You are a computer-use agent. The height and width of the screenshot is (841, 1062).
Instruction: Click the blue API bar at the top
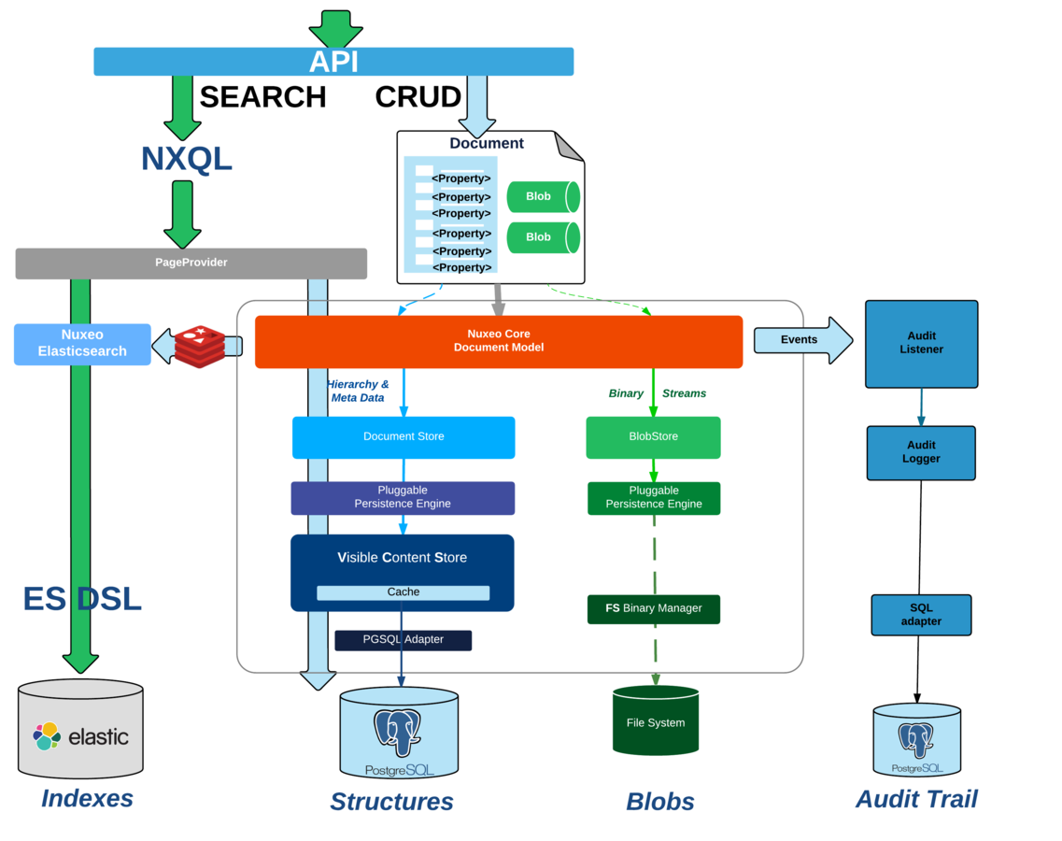(333, 62)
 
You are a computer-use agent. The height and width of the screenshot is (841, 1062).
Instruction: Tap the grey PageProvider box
(191, 263)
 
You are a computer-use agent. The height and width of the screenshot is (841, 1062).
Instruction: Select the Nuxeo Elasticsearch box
(82, 344)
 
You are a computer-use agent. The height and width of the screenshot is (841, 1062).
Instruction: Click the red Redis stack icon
(199, 347)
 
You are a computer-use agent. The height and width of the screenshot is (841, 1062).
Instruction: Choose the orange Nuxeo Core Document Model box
(498, 341)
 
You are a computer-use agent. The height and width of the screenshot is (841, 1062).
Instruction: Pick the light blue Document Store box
(404, 437)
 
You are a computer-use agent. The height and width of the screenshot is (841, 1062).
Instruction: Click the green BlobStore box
(653, 437)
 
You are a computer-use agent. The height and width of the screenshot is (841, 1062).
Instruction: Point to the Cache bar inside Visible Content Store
(403, 592)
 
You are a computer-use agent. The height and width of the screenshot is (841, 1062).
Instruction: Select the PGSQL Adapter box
(403, 640)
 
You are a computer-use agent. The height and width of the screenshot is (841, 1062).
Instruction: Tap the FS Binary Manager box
(653, 609)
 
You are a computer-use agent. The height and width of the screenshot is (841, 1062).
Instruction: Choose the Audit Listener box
(921, 344)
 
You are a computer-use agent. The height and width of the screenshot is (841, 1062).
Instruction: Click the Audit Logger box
(921, 453)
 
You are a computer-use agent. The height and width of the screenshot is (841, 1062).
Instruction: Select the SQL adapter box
(921, 615)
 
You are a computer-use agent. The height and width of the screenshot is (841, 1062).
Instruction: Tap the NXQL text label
(186, 159)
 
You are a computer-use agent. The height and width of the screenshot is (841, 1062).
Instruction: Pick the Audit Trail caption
(916, 799)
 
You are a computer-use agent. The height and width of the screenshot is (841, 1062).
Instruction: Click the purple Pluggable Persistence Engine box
(403, 498)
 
